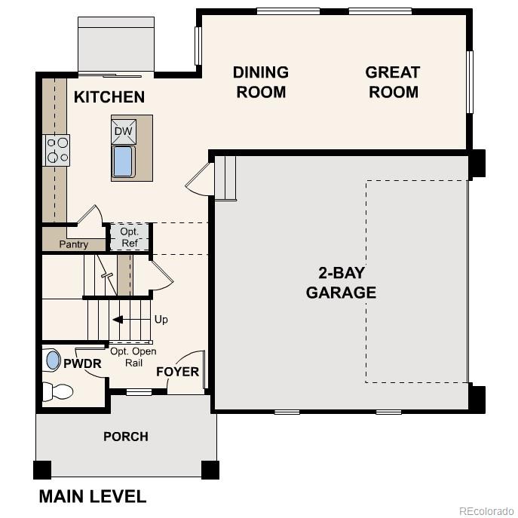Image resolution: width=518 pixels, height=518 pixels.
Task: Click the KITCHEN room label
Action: pyautogui.click(x=109, y=97)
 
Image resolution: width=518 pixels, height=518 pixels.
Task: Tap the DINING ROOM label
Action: pyautogui.click(x=260, y=82)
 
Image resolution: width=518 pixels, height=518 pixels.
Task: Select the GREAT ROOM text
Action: pyautogui.click(x=392, y=82)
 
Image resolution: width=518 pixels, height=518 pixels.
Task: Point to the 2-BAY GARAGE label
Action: pyautogui.click(x=341, y=283)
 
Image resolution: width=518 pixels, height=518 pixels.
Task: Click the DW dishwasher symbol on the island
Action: pyautogui.click(x=123, y=131)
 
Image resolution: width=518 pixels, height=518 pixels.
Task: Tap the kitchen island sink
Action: pyautogui.click(x=123, y=162)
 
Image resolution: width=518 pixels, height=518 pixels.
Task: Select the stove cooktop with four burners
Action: pyautogui.click(x=57, y=149)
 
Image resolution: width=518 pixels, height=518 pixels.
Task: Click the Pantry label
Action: pyautogui.click(x=74, y=244)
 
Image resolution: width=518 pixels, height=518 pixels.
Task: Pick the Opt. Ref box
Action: pyautogui.click(x=129, y=238)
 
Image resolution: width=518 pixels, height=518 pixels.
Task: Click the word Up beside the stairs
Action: pyautogui.click(x=161, y=320)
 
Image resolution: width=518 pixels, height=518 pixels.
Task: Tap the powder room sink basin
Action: pyautogui.click(x=52, y=360)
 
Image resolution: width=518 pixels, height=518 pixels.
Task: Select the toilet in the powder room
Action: pyautogui.click(x=57, y=391)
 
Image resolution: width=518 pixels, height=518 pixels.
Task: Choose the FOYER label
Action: pyautogui.click(x=178, y=372)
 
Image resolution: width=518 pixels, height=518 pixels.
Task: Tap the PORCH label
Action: pyautogui.click(x=126, y=437)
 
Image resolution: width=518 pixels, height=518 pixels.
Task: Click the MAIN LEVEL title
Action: pyautogui.click(x=92, y=496)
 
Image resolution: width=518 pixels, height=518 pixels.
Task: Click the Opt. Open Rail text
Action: pyautogui.click(x=133, y=357)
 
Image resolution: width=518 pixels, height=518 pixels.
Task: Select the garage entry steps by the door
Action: pyautogui.click(x=226, y=178)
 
